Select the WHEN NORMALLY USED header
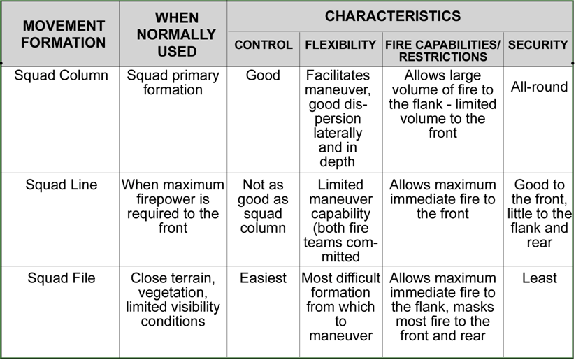coord(173,34)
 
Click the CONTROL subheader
coord(264,45)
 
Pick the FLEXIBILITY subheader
coord(340,45)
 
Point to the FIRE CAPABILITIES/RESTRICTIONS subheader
coord(442,50)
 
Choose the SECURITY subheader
coord(538,45)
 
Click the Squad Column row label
coord(62,75)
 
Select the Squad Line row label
coord(62,185)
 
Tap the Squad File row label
coord(62,278)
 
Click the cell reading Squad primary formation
coord(173,82)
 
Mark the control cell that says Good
coord(263,75)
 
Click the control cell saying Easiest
coord(263,278)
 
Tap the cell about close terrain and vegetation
coord(173,299)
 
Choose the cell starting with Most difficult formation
coord(340,306)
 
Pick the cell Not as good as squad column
coord(263,206)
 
